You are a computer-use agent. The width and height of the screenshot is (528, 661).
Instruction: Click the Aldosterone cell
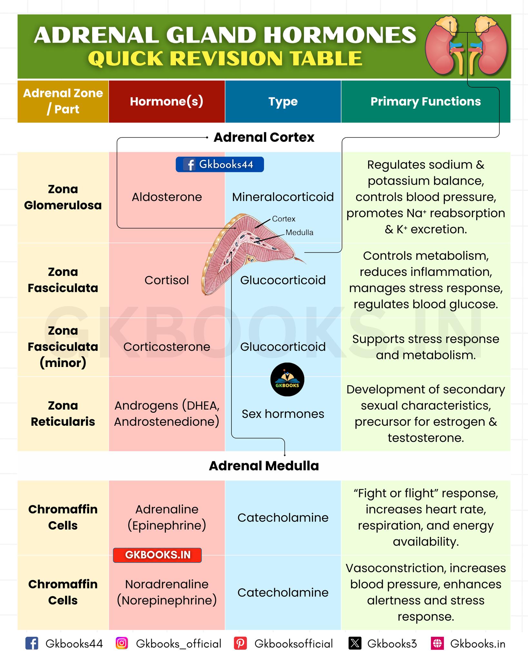[167, 197]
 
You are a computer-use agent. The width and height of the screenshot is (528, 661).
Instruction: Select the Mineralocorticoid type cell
[283, 197]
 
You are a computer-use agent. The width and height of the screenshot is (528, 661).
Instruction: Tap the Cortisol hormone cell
[167, 280]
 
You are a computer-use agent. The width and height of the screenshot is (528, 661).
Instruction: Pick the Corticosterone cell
[167, 347]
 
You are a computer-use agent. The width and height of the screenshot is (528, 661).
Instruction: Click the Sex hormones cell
[283, 414]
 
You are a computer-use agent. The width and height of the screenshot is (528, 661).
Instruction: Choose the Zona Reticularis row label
[63, 413]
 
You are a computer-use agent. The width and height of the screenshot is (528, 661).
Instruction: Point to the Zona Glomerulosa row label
[63, 197]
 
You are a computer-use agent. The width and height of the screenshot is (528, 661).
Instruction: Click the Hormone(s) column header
[167, 101]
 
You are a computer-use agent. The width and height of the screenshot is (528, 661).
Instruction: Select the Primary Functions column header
[425, 101]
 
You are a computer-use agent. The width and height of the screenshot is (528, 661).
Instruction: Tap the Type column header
[283, 101]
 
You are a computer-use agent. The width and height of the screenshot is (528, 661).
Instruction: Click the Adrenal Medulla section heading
[264, 466]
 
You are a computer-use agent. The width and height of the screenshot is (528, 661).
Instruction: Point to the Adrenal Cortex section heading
[264, 137]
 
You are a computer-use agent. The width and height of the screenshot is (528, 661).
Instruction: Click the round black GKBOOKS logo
[287, 379]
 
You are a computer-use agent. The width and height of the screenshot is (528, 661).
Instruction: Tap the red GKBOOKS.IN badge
[157, 555]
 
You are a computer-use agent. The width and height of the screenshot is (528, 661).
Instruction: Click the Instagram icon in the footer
[122, 643]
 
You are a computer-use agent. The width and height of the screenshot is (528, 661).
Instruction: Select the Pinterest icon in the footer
[240, 643]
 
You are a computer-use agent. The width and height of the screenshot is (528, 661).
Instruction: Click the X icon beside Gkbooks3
[355, 643]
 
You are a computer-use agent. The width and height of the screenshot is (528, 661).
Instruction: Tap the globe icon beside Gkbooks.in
[437, 643]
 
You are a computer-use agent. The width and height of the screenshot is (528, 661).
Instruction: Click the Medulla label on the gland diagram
[299, 232]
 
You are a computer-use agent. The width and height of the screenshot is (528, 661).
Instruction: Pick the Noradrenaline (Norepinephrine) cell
[167, 592]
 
